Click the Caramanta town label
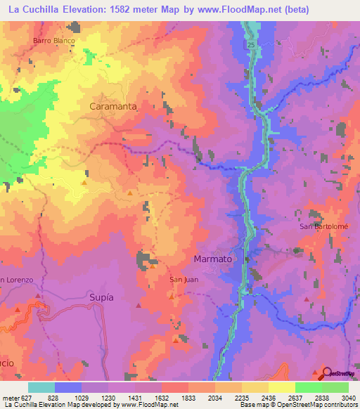(112, 106)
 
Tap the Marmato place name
(212, 259)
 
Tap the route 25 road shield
(250, 45)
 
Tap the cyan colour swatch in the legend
(41, 388)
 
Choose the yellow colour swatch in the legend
(281, 388)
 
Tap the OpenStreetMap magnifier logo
(326, 373)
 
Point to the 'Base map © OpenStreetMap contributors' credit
(297, 405)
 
